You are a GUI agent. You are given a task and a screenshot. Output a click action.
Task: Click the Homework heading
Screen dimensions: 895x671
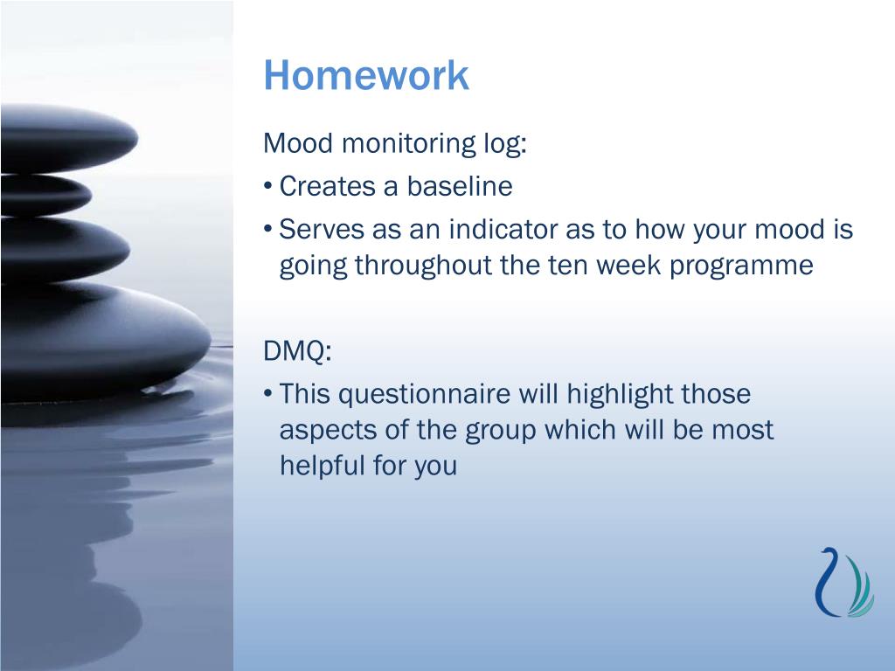tap(366, 75)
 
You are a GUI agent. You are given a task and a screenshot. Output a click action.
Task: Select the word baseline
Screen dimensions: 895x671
tap(460, 186)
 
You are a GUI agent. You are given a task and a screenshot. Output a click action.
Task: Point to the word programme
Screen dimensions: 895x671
tap(741, 266)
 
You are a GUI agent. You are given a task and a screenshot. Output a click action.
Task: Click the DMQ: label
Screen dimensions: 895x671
tap(297, 350)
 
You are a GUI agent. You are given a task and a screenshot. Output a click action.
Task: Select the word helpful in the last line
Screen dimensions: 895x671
tap(322, 465)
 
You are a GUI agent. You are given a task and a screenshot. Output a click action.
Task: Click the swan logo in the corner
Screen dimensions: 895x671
tap(844, 583)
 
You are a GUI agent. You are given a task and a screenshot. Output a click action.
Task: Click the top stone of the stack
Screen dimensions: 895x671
tap(67, 139)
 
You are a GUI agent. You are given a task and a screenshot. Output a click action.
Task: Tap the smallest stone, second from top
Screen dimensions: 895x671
tap(45, 195)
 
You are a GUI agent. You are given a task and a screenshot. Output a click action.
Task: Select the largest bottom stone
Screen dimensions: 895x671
tap(105, 342)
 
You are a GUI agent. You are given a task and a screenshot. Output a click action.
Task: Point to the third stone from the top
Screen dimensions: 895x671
tap(65, 249)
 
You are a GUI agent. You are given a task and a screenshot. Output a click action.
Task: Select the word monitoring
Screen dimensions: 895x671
tap(409, 144)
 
